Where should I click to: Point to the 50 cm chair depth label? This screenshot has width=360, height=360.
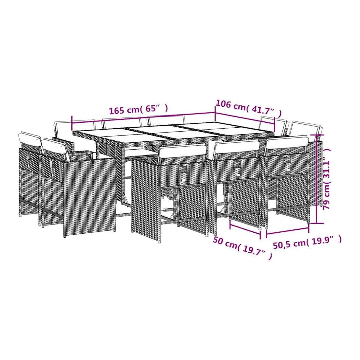tap(225, 243)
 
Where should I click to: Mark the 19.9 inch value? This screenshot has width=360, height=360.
tap(324, 240)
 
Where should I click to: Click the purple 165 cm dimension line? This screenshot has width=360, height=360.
tap(143, 118)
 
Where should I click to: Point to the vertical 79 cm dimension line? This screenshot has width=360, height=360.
tap(316, 178)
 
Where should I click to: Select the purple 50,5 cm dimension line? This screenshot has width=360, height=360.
tap(287, 231)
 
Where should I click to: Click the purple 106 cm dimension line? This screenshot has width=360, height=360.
tap(245, 118)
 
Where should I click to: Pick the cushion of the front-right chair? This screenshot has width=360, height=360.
tap(287, 142)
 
